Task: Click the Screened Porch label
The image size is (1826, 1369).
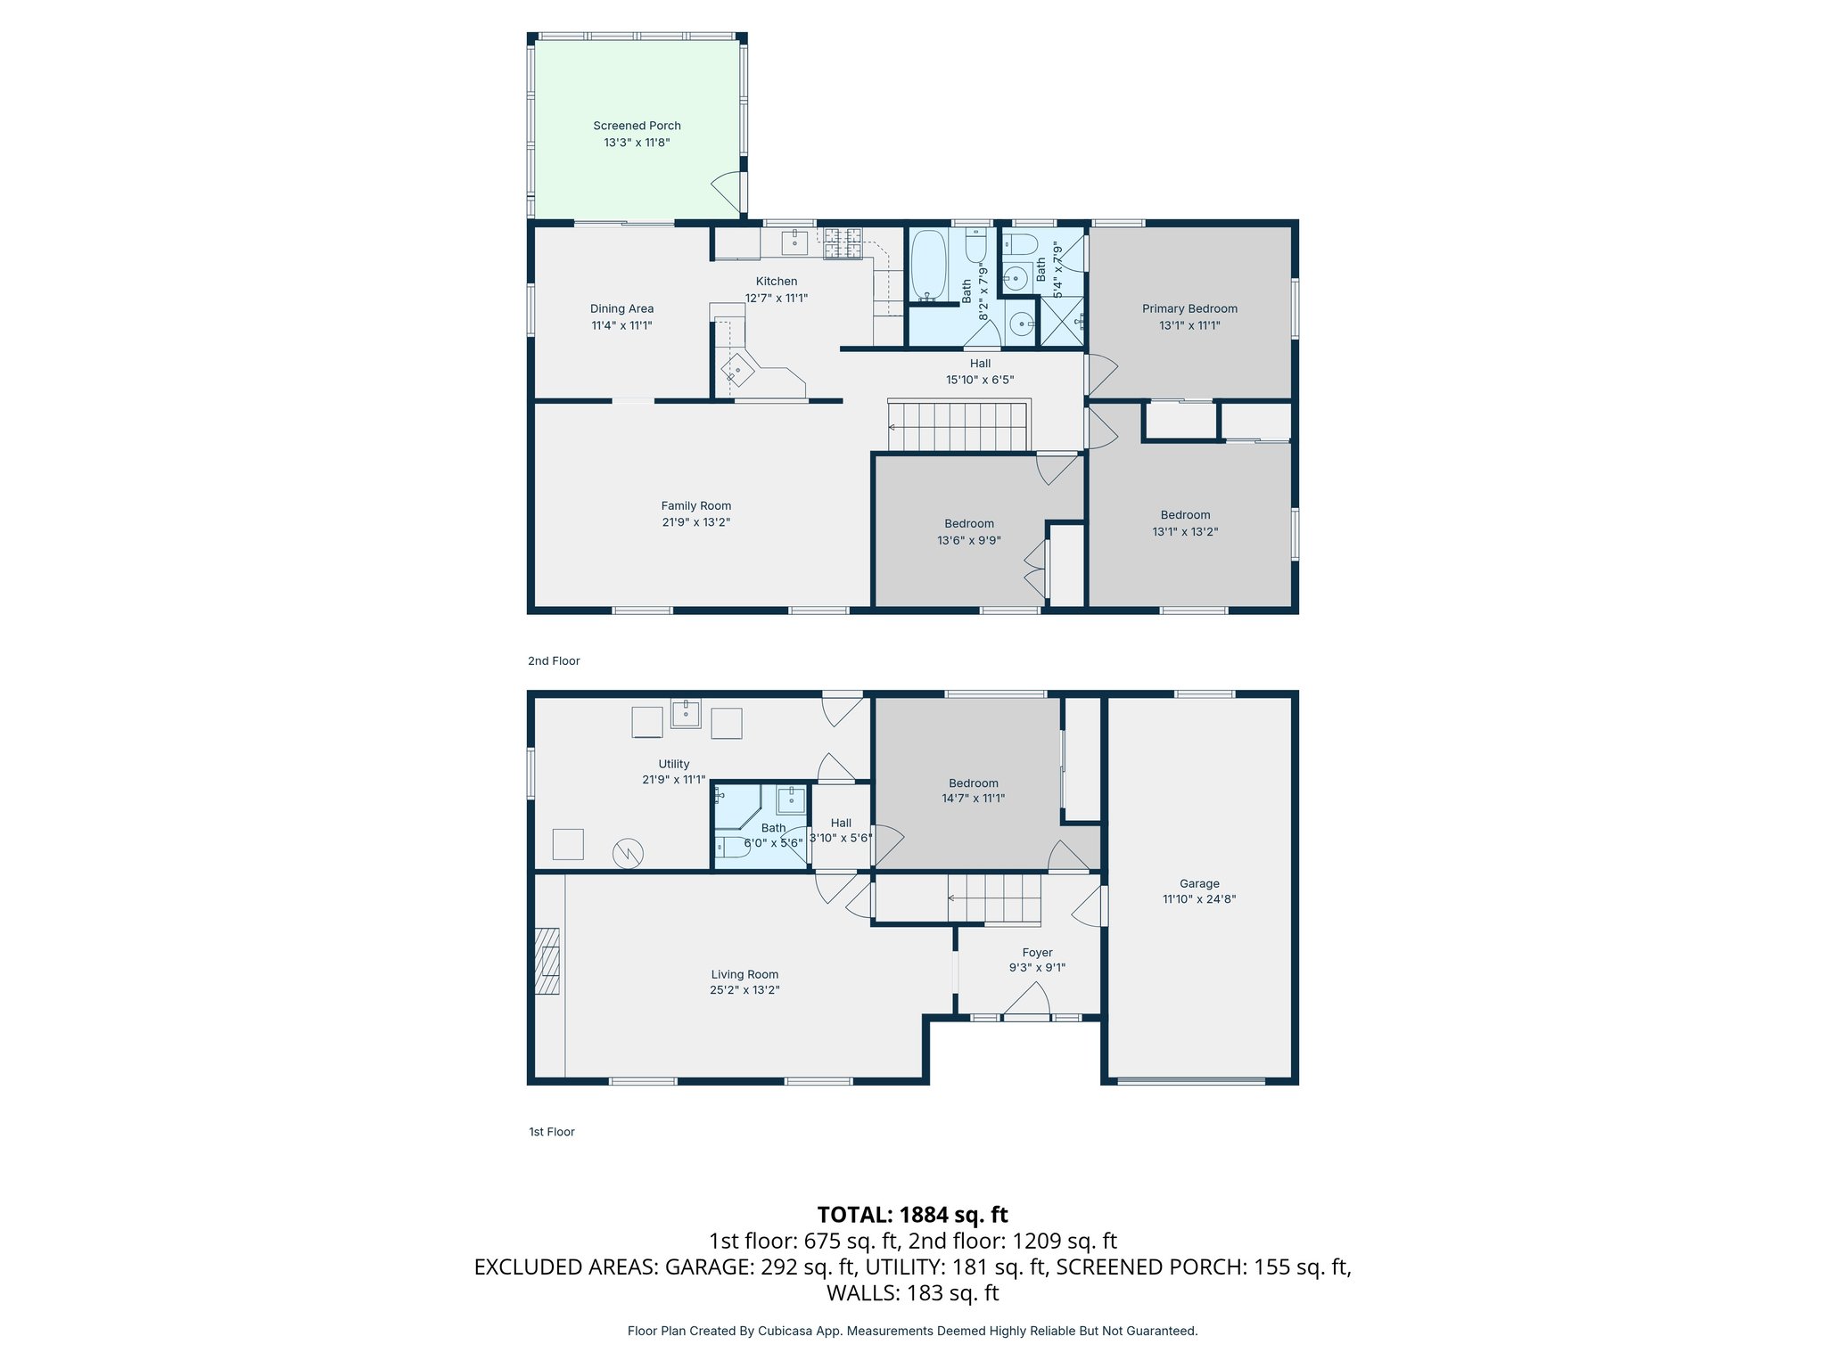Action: tap(637, 126)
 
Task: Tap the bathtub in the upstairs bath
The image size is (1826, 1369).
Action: tap(927, 265)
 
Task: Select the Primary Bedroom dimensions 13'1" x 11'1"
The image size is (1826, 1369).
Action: tap(1189, 325)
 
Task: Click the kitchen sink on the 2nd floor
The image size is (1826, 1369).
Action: tap(794, 242)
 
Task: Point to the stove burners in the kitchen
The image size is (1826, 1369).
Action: tap(843, 243)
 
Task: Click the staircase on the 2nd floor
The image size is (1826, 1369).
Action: tap(959, 427)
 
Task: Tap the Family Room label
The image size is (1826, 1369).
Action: tap(695, 505)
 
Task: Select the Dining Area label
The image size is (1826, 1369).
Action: tap(621, 308)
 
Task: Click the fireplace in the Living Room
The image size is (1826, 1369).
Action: tap(547, 961)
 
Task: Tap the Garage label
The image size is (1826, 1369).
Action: tap(1199, 883)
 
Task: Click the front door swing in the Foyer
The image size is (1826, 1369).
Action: tap(1027, 1000)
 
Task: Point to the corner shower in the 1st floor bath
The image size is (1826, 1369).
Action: tap(736, 806)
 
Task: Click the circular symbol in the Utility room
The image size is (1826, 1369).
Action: tap(628, 854)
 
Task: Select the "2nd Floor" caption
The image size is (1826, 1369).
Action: tap(554, 660)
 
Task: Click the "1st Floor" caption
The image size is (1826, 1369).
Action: tap(552, 1132)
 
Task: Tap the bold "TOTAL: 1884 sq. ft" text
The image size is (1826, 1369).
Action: tap(912, 1215)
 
